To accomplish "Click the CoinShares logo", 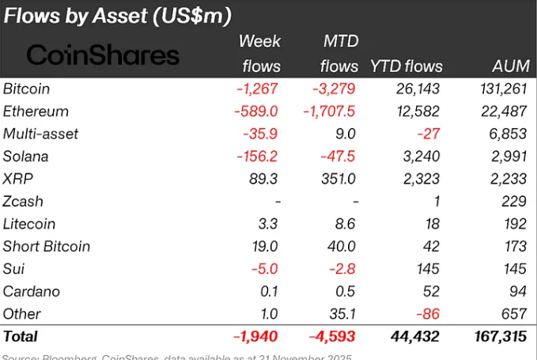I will pyautogui.click(x=103, y=55).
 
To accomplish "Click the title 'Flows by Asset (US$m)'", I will pyautogui.click(x=119, y=16).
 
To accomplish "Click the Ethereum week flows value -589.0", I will pyautogui.click(x=256, y=112).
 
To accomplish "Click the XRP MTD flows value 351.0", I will pyautogui.click(x=338, y=179).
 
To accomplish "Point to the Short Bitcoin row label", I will pyautogui.click(x=47, y=246).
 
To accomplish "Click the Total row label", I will pyautogui.click(x=21, y=337).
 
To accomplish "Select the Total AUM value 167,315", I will pyautogui.click(x=497, y=337).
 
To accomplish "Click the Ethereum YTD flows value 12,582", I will pyautogui.click(x=419, y=112).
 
